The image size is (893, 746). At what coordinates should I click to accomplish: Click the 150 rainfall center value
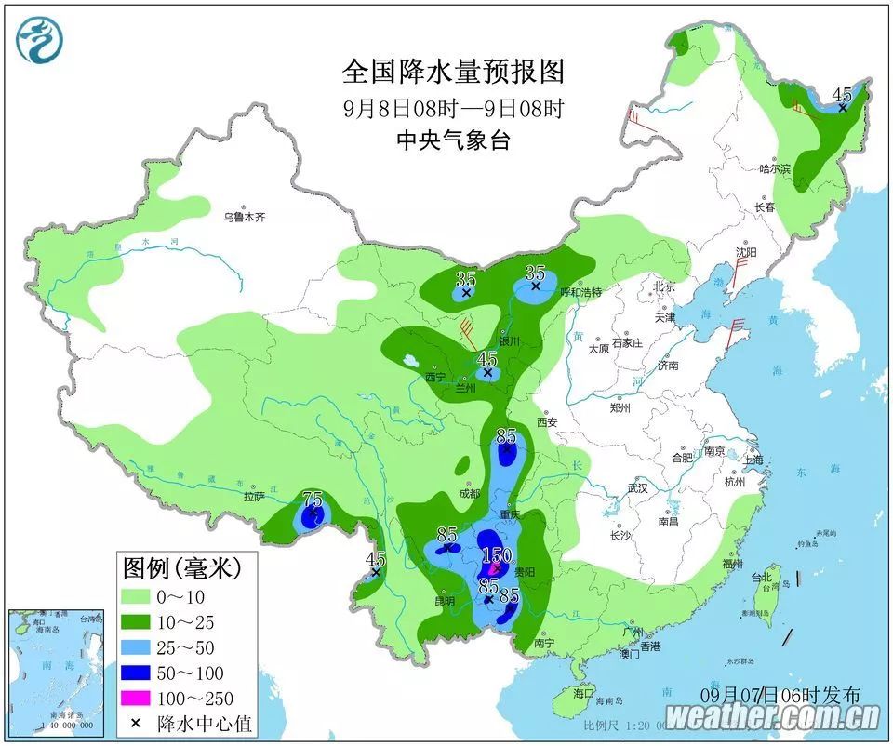pyautogui.click(x=497, y=555)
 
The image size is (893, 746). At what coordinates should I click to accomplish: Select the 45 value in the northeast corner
pyautogui.click(x=842, y=94)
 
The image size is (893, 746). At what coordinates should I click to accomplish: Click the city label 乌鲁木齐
pyautogui.click(x=244, y=218)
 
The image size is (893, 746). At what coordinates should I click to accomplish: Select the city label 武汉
pyautogui.click(x=637, y=488)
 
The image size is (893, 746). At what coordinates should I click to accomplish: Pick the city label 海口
pyautogui.click(x=583, y=694)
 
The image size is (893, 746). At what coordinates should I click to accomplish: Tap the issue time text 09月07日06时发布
pyautogui.click(x=780, y=695)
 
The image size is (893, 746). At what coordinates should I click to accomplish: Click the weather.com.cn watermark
pyautogui.click(x=772, y=717)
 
